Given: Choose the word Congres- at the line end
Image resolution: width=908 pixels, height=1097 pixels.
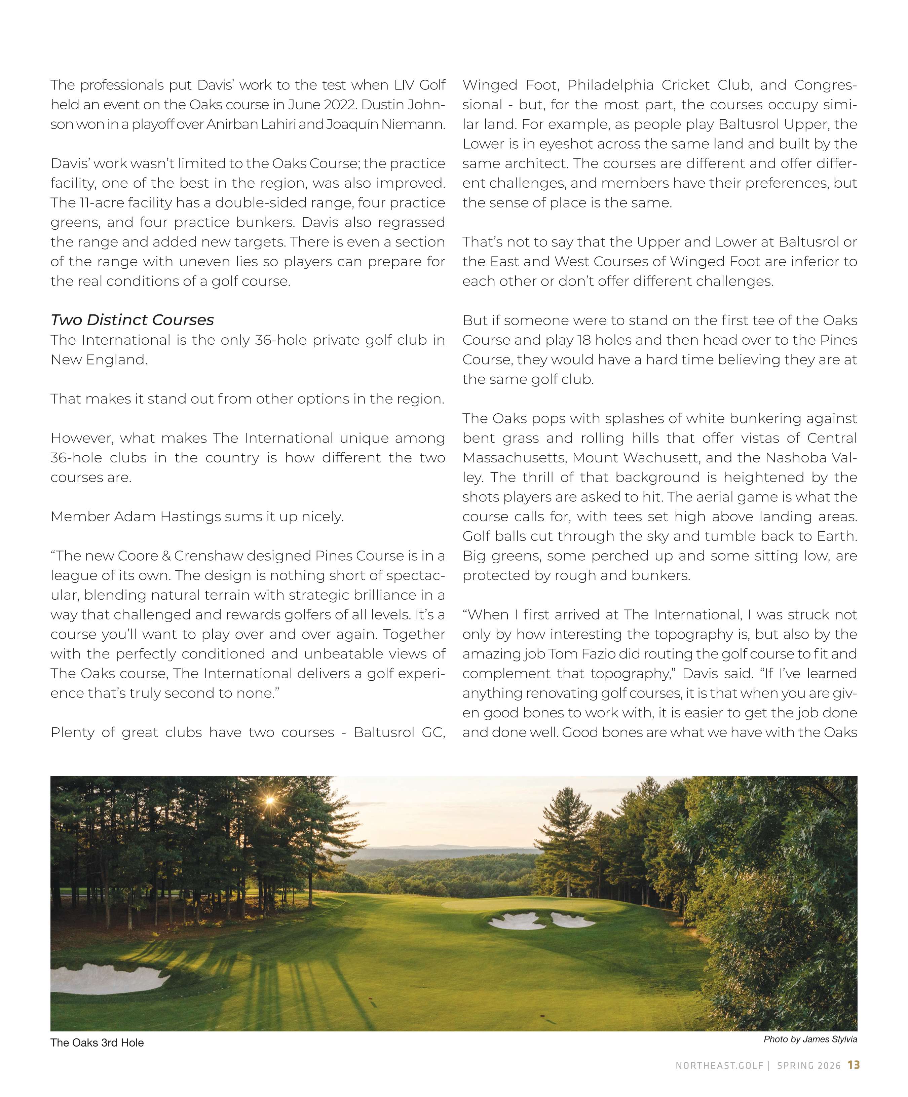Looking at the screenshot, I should (826, 85).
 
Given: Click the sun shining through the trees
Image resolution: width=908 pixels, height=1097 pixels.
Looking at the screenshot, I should (270, 800).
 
